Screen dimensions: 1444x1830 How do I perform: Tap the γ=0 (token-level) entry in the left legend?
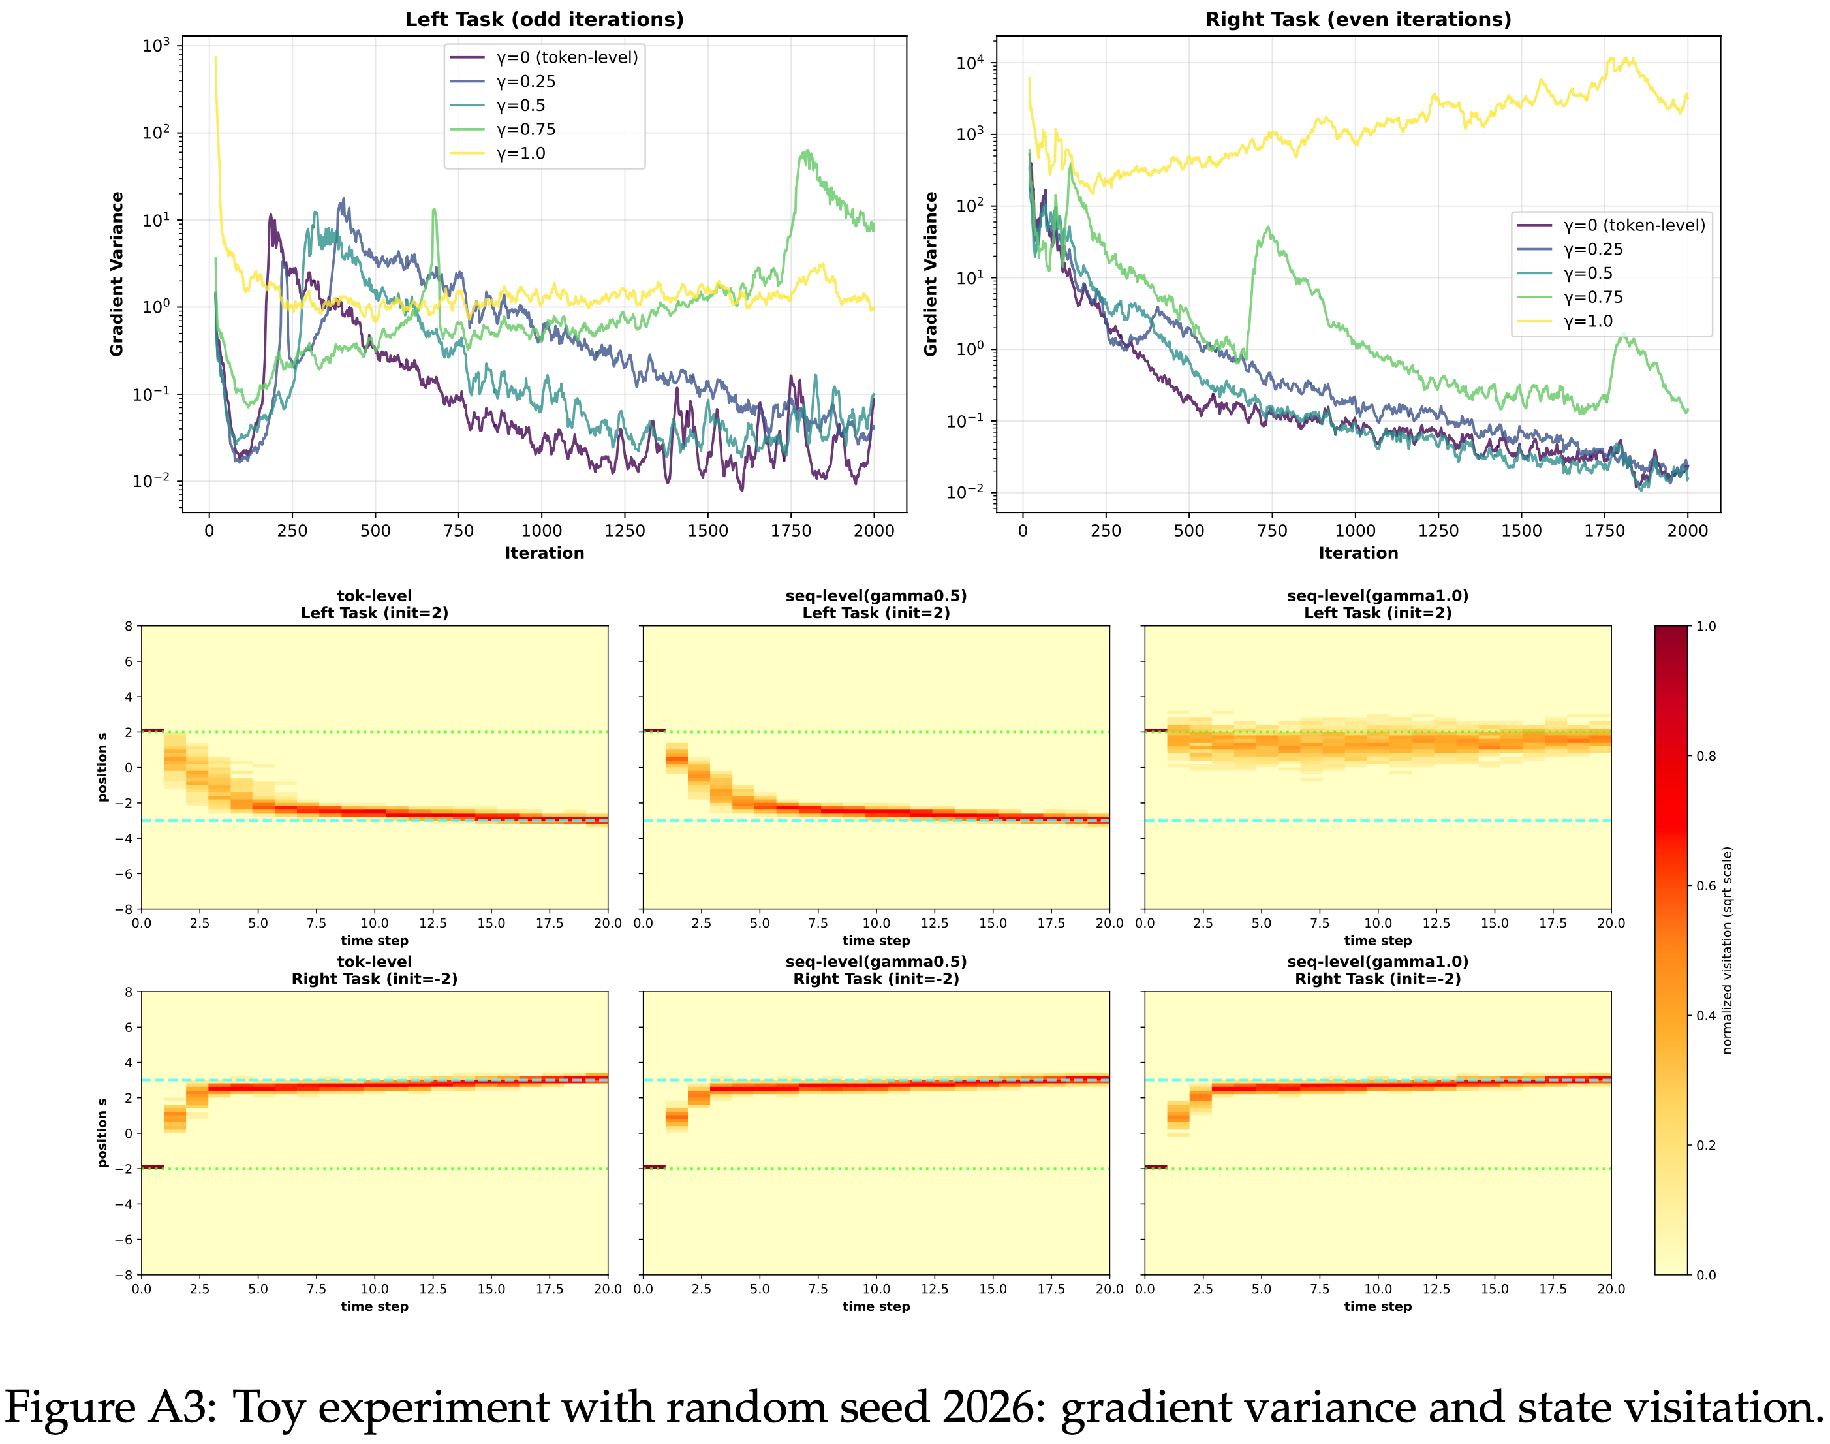[566, 57]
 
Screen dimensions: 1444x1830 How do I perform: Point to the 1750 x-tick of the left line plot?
[790, 531]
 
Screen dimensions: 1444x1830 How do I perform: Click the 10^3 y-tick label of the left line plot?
[157, 46]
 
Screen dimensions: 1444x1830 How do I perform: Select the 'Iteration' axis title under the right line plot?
[1358, 553]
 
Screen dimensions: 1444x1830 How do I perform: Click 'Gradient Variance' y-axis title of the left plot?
[117, 274]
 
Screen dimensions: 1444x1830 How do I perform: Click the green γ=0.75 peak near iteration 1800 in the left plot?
[808, 152]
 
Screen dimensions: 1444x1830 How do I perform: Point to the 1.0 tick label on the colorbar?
[1706, 627]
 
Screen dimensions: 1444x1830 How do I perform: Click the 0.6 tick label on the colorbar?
[1706, 886]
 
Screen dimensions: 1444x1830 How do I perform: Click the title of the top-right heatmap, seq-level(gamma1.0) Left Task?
[1377, 604]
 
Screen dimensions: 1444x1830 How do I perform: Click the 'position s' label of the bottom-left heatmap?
[103, 1133]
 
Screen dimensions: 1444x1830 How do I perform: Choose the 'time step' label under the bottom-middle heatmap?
[876, 1306]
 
